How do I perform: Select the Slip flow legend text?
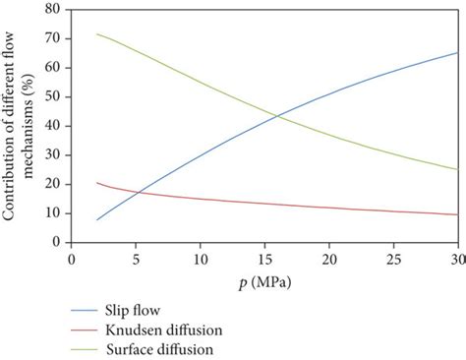[133, 309]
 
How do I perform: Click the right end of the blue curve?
[457, 52]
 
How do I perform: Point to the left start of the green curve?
[97, 34]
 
